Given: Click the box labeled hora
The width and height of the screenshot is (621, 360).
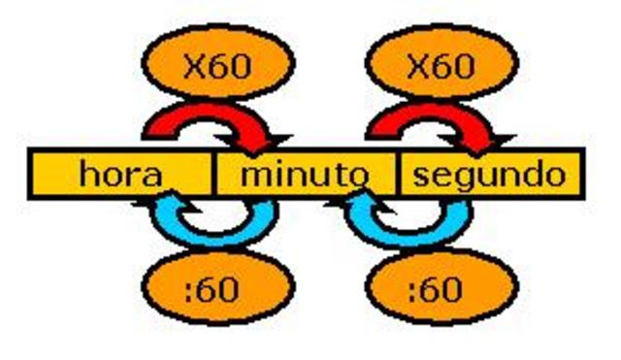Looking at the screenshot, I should [121, 175].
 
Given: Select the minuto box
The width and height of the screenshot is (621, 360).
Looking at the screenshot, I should [305, 175].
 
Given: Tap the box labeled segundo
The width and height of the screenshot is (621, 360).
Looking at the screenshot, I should [489, 175].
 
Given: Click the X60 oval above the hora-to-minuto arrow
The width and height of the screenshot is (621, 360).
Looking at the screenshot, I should [217, 66].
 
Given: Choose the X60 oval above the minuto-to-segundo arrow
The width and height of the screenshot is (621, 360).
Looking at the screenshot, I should [441, 66].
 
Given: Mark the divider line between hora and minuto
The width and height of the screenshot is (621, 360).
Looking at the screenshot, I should [212, 175].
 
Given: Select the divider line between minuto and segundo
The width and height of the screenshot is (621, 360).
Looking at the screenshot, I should [399, 175].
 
